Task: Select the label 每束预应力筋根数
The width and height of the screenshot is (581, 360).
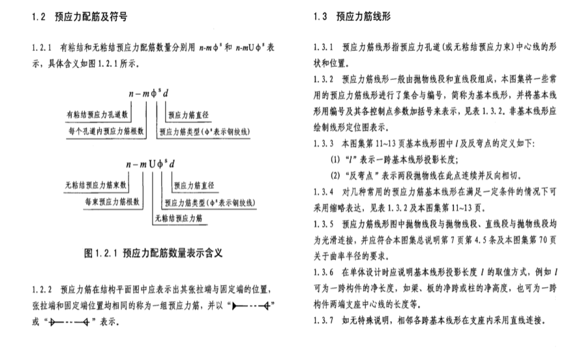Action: coord(112,202)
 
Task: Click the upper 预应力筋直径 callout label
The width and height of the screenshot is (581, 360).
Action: coord(191,116)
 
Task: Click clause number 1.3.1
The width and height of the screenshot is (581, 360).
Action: coord(322,49)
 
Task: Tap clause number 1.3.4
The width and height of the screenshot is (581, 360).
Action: coord(322,193)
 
